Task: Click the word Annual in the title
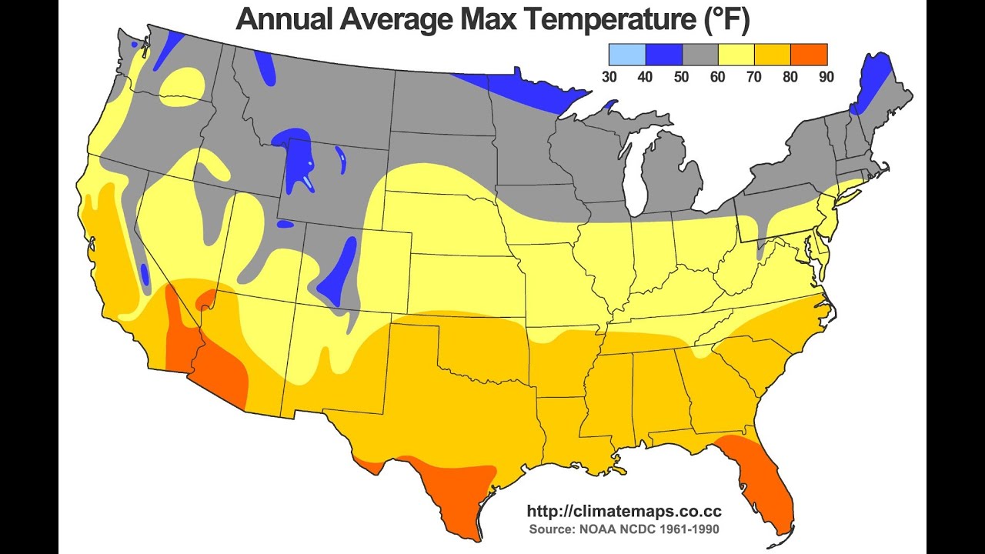click(x=284, y=19)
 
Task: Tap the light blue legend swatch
click(x=627, y=55)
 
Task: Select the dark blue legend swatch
click(x=663, y=55)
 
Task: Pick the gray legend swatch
click(x=700, y=55)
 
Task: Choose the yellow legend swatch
click(x=736, y=55)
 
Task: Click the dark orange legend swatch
click(x=809, y=55)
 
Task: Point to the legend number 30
click(x=609, y=77)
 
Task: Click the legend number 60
click(x=718, y=77)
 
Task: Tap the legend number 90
click(x=826, y=77)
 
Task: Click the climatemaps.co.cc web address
click(x=624, y=511)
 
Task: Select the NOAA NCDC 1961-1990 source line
click(x=624, y=529)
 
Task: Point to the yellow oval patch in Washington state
click(x=182, y=87)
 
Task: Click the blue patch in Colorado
click(x=336, y=272)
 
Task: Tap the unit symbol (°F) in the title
click(x=725, y=20)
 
